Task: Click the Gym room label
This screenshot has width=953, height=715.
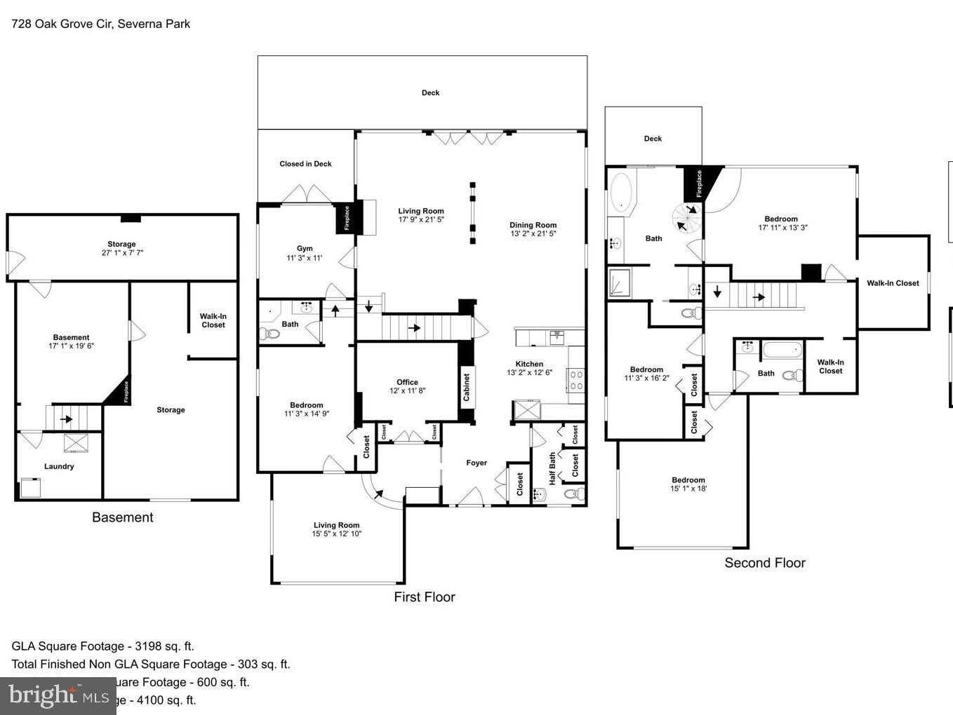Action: tap(305, 249)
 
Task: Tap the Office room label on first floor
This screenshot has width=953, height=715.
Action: tap(407, 382)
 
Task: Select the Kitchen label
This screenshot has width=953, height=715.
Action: tap(529, 364)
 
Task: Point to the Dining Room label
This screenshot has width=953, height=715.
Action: tap(533, 225)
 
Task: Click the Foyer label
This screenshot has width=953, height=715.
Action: tap(476, 463)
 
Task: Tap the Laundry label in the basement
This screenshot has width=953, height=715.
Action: tap(59, 466)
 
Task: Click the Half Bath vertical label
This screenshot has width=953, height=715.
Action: tap(552, 468)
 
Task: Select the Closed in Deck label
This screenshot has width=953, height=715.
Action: tap(305, 164)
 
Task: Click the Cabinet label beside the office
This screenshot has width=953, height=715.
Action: tap(467, 387)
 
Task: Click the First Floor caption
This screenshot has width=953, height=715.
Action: tap(424, 597)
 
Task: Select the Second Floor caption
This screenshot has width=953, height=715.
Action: tap(764, 562)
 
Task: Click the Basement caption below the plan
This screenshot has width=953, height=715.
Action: tap(122, 517)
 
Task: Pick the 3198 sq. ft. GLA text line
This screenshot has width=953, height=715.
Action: tap(102, 646)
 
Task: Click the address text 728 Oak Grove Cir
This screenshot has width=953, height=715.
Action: tap(100, 24)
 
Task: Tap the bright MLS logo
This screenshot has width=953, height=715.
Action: tap(58, 695)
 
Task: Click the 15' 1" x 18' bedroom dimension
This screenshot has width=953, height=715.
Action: tap(688, 489)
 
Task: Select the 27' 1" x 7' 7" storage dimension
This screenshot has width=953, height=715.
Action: tap(122, 253)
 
